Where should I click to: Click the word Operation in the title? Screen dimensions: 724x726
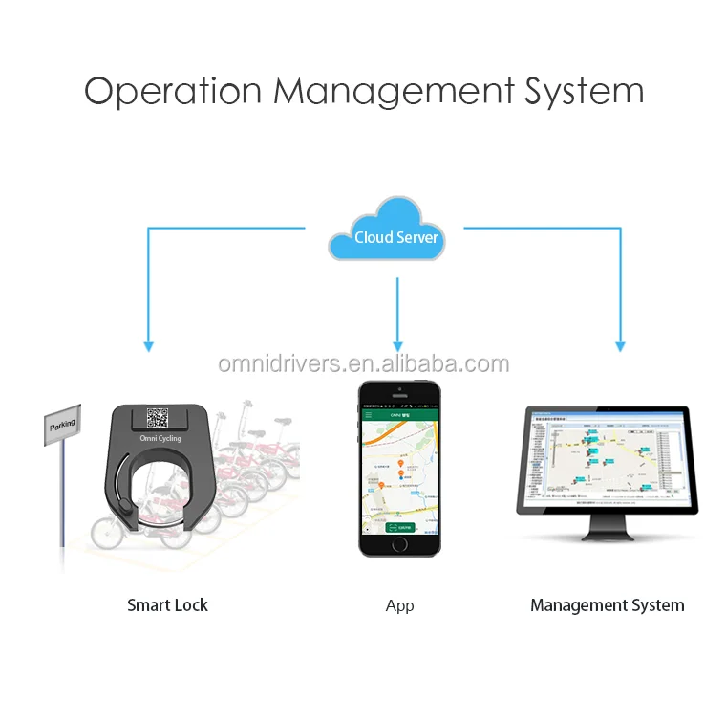tap(173, 92)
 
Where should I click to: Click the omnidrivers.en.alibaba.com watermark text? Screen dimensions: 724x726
tap(363, 364)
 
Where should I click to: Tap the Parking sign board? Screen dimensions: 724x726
tap(64, 423)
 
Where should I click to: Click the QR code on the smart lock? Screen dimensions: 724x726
tap(158, 417)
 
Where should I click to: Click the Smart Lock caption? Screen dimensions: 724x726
tap(167, 605)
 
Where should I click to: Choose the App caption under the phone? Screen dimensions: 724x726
tap(399, 606)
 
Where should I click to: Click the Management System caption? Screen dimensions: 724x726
tap(607, 605)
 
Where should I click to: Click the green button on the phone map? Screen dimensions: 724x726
tap(398, 527)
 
